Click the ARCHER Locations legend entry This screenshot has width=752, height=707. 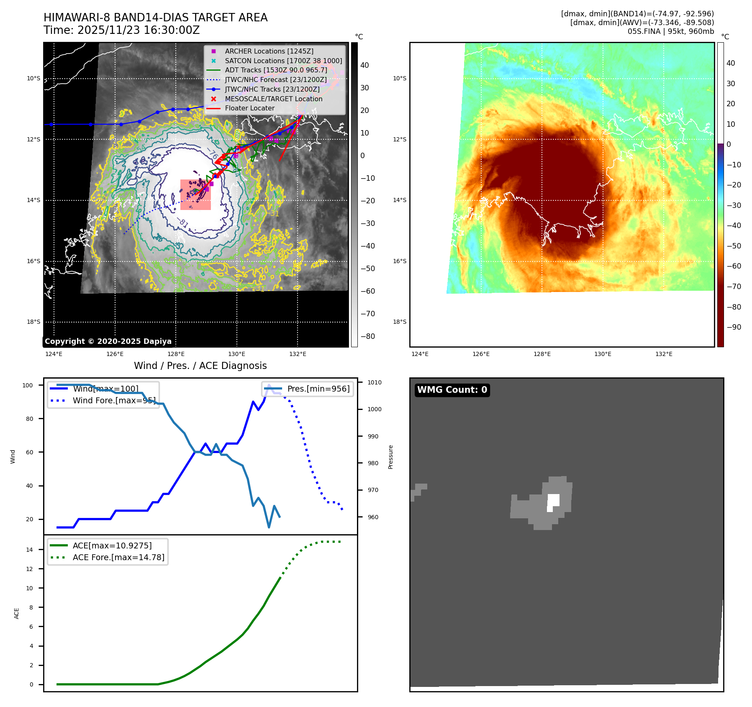tap(269, 51)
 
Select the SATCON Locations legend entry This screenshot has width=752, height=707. tap(283, 61)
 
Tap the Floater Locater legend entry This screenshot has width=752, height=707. tap(249, 108)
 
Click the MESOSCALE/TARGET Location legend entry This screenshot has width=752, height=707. tap(273, 99)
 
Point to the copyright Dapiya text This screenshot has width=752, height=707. tap(108, 341)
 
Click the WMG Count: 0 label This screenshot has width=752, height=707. tap(452, 390)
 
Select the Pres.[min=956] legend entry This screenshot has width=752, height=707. tap(318, 389)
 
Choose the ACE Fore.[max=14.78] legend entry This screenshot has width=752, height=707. tap(118, 557)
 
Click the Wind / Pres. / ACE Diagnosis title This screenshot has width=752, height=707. tap(200, 366)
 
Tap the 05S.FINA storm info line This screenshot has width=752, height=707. tap(670, 31)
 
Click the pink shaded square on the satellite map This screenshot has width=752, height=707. tap(195, 195)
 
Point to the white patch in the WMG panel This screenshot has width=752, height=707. tap(553, 502)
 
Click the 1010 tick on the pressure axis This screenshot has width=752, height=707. tap(375, 382)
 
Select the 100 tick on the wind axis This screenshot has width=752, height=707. tap(28, 385)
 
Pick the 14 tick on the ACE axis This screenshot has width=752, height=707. tap(29, 550)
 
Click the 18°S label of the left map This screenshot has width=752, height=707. tap(33, 322)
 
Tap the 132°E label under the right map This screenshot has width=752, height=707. tap(664, 354)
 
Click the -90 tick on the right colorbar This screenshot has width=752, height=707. tap(734, 327)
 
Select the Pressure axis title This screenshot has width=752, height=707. tap(390, 457)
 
